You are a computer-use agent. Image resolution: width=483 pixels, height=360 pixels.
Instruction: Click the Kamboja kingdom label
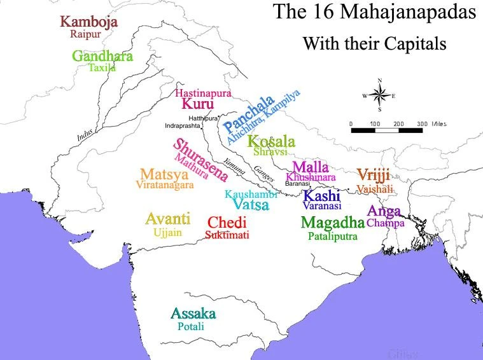tap(88, 22)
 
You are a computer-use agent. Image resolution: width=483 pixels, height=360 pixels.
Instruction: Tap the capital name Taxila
tap(102, 67)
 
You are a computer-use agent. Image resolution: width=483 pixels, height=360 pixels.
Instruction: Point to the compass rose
tap(380, 95)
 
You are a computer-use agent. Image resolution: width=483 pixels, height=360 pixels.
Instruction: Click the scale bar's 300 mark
tap(421, 123)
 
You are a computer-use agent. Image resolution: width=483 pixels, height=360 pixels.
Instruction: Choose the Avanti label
tap(167, 219)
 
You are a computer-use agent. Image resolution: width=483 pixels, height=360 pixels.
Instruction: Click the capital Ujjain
tap(167, 232)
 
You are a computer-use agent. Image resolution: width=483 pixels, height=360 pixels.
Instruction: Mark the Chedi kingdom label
tap(227, 223)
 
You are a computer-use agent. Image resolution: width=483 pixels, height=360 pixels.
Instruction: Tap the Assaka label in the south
tap(193, 313)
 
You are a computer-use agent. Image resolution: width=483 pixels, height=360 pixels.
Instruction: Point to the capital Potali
tap(191, 326)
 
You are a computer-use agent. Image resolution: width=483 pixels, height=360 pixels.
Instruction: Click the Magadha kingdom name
tap(332, 223)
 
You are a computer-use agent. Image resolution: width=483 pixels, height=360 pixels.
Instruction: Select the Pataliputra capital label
tap(332, 236)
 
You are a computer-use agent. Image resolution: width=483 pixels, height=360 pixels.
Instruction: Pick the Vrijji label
tap(373, 175)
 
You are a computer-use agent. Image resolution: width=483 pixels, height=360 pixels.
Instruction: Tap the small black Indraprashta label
tap(186, 126)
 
